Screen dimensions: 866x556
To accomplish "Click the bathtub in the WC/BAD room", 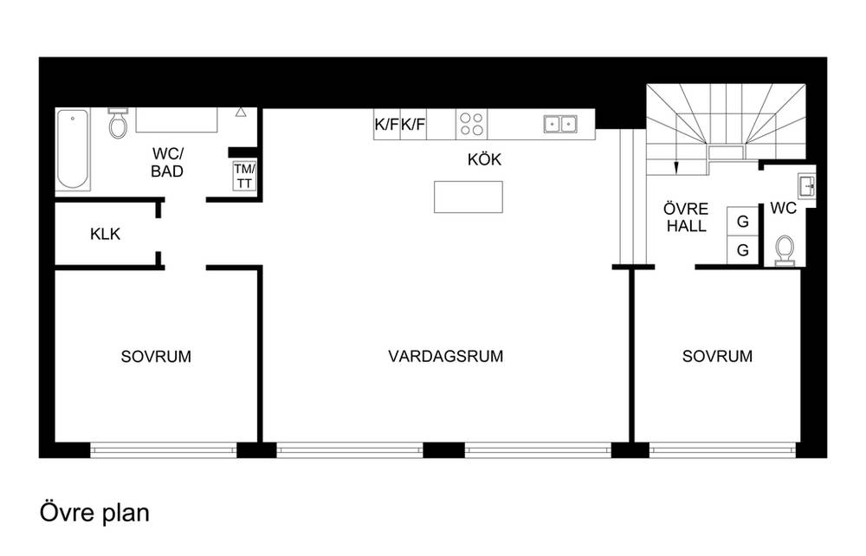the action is [x=73, y=149].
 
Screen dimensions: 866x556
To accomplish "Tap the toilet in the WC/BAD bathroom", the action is [x=118, y=123].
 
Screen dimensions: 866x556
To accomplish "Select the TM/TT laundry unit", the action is [x=244, y=176].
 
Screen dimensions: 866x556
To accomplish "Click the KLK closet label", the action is [x=105, y=234].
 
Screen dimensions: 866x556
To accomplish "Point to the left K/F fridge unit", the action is [x=386, y=124].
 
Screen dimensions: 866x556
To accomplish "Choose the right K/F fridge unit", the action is [x=413, y=124].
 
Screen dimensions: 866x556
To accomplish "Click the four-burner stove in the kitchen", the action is [x=472, y=124].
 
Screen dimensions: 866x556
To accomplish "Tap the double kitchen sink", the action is [x=560, y=124].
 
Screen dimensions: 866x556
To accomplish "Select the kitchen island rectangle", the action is [x=469, y=197].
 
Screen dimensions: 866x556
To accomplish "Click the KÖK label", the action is [x=484, y=159].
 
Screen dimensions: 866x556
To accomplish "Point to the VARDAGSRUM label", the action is [x=446, y=356].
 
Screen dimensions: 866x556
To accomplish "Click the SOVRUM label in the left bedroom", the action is [x=156, y=357].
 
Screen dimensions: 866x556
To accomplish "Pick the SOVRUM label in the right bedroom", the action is [x=717, y=356].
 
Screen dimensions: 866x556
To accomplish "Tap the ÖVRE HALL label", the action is [x=686, y=217].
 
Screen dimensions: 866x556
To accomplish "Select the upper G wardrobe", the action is [x=743, y=222].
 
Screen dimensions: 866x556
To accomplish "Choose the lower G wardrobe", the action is [x=743, y=250].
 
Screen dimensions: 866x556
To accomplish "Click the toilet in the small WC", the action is [x=785, y=250].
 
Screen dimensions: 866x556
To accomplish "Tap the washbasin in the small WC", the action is [x=805, y=186].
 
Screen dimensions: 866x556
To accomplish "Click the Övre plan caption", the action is [x=94, y=513].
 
